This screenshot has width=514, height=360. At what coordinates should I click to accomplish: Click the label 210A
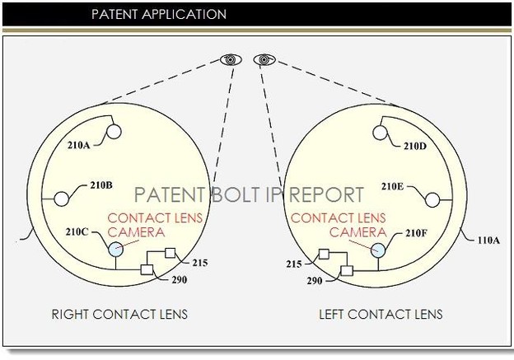[78, 146]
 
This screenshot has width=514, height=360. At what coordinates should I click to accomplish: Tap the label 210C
[79, 233]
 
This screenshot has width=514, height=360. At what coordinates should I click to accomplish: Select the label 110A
[488, 241]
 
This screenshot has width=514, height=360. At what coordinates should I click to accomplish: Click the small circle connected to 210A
[114, 131]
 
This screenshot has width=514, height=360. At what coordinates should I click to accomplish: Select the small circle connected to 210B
[61, 199]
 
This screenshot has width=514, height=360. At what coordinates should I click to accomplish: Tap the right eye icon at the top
[264, 59]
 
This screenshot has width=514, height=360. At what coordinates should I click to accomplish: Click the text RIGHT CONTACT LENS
[119, 314]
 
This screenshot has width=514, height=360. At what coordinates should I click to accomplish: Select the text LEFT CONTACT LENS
[381, 314]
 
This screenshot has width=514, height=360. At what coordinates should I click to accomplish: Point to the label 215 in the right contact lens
[199, 263]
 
